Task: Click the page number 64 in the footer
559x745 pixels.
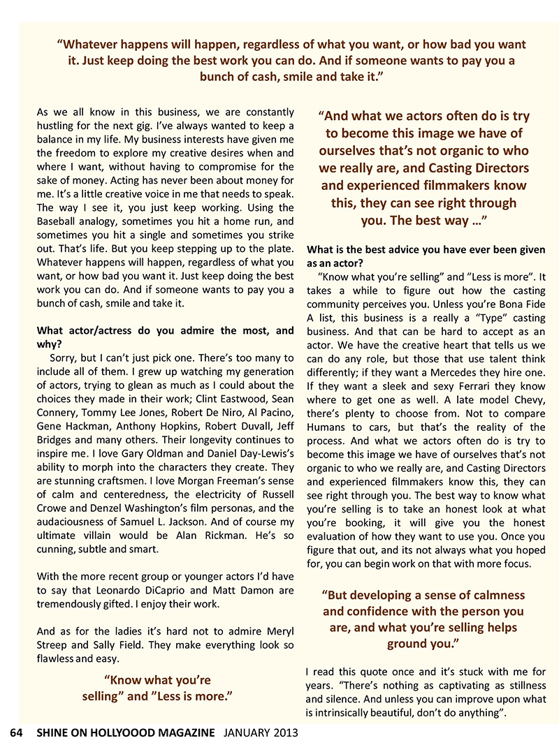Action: tap(17, 732)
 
